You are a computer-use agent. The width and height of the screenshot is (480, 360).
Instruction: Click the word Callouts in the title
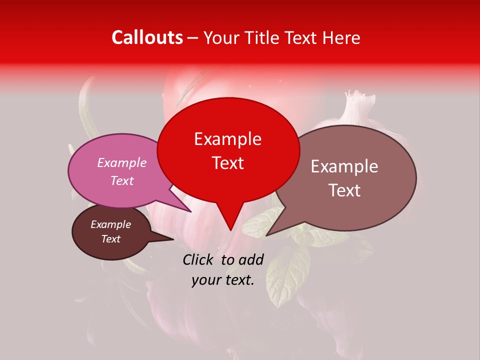coord(147,37)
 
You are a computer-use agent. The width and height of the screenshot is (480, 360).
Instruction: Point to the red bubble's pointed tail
coord(229,220)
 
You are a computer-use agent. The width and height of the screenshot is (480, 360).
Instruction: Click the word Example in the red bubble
coord(228,139)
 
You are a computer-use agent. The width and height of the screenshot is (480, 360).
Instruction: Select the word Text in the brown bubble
coord(344,190)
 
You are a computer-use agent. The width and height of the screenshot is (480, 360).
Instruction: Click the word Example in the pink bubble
coord(122,163)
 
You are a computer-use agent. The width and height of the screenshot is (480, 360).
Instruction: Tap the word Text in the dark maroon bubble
coord(110,239)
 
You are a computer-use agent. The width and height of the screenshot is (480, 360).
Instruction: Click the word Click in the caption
coord(199,259)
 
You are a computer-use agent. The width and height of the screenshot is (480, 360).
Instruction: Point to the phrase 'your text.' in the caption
coord(223,280)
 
